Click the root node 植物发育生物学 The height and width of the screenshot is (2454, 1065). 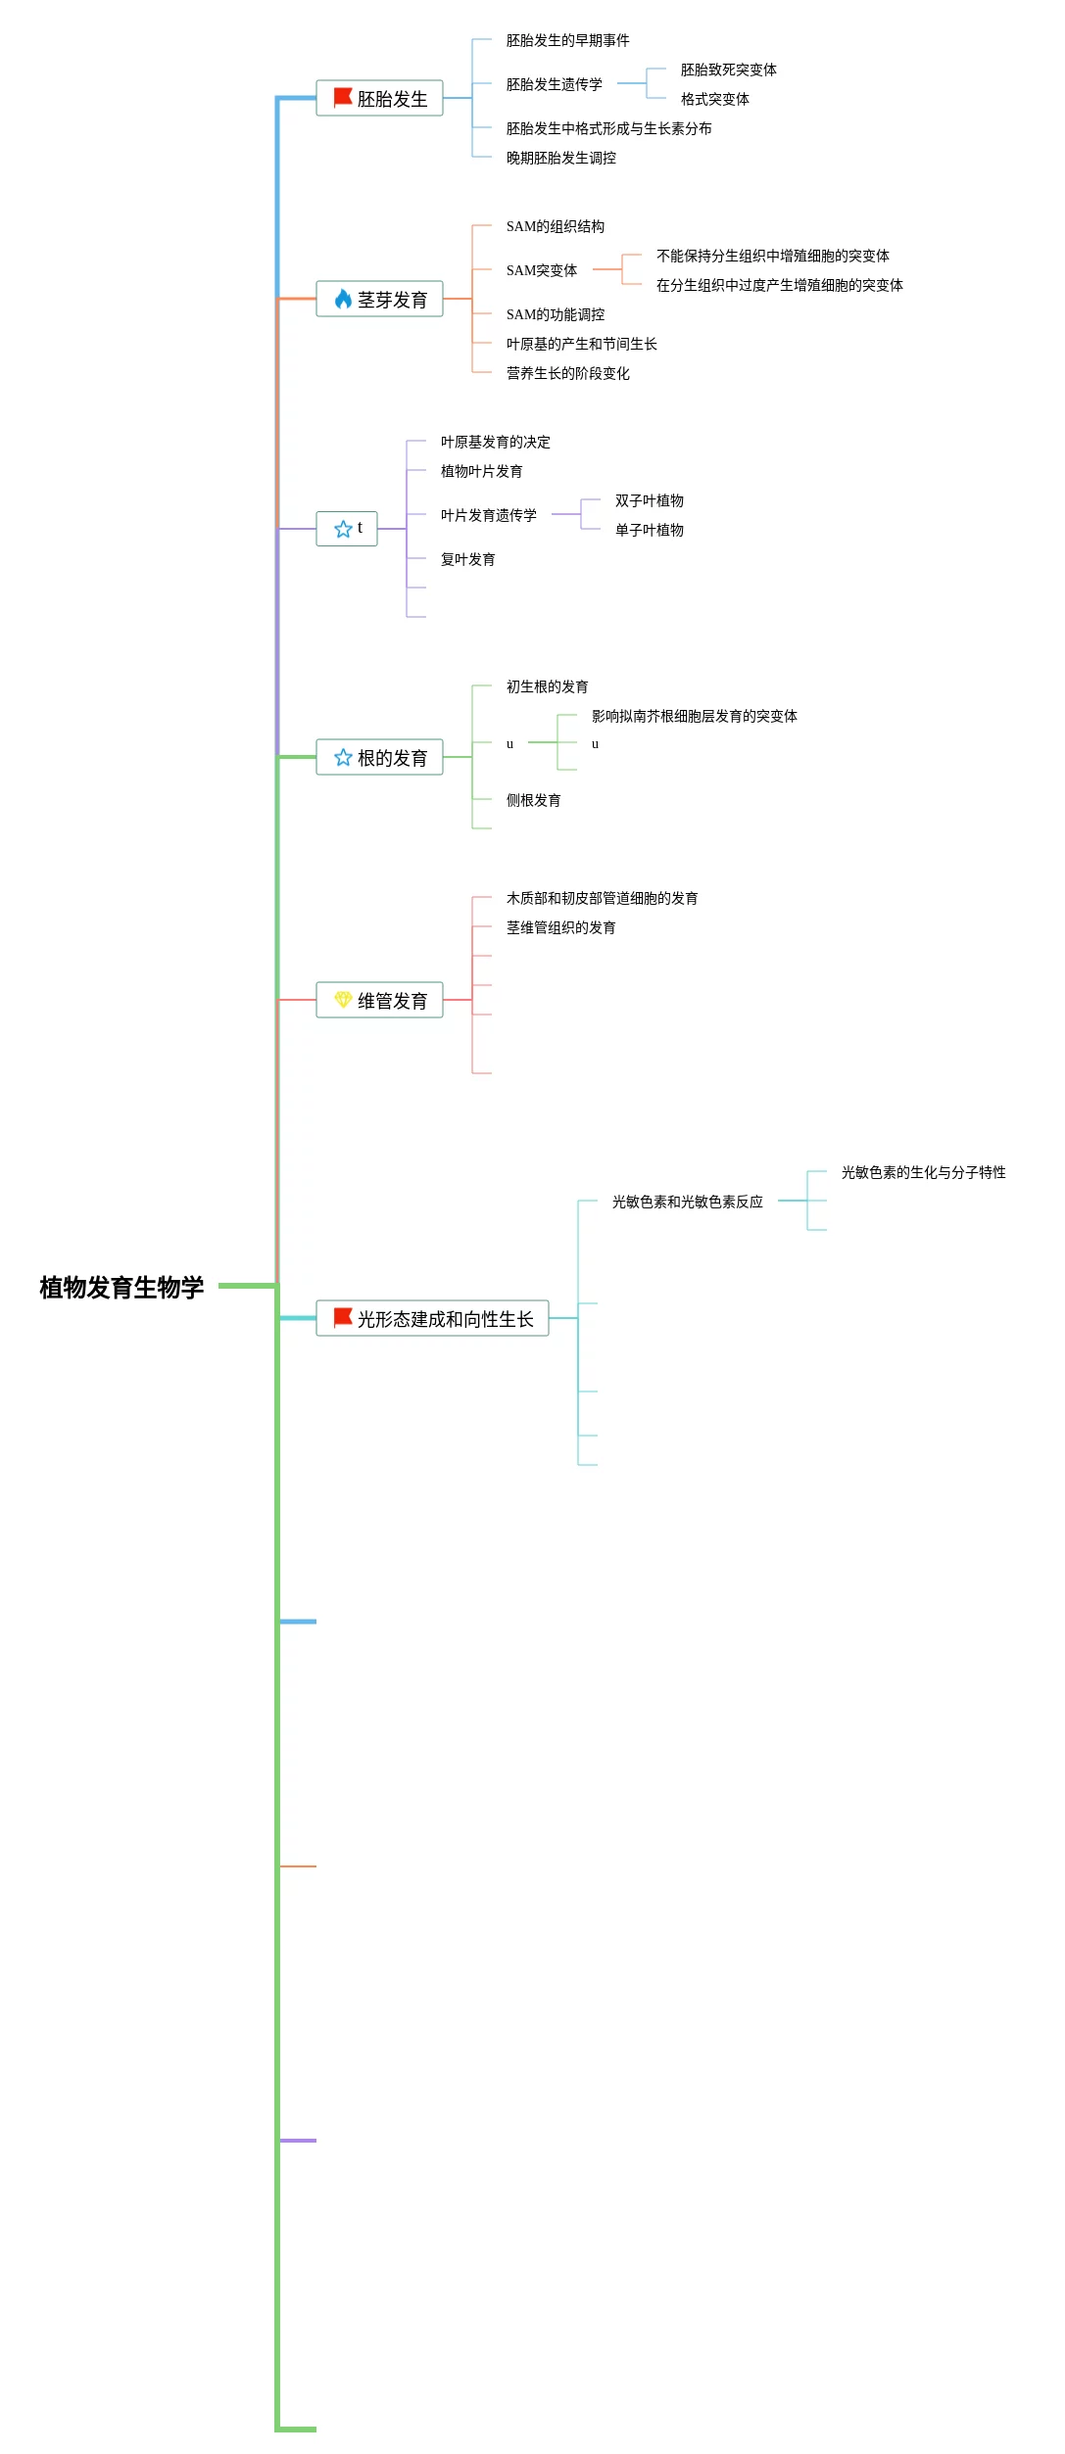coord(121,1287)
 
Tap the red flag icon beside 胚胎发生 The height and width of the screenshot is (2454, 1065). coord(343,98)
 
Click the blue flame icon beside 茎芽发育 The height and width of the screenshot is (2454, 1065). coord(343,300)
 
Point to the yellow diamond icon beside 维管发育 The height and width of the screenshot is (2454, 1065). coord(343,1000)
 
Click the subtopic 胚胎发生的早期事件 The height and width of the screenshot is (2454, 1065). coord(567,40)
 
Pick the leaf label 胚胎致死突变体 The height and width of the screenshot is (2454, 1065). coord(728,70)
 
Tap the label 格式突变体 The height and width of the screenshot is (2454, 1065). coord(714,99)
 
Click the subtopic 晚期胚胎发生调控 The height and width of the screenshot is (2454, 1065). coord(560,158)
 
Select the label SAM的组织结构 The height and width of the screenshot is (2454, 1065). coord(555,226)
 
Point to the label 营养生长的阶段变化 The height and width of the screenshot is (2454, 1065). coord(567,373)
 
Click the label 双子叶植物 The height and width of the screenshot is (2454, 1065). coord(649,500)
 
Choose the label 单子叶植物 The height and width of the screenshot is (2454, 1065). coord(649,530)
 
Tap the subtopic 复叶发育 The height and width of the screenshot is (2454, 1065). coord(467,559)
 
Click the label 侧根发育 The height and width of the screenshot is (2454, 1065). coord(533,800)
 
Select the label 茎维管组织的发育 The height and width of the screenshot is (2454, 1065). coord(560,927)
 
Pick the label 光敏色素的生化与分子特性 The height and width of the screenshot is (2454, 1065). coord(923,1172)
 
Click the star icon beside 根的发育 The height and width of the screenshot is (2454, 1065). coord(343,758)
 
